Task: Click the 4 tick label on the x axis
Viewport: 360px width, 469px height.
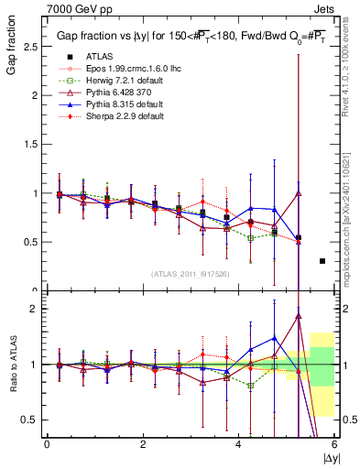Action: point(238,444)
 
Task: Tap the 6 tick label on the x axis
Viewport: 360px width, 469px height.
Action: point(334,444)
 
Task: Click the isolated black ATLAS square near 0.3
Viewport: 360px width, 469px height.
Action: point(322,261)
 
